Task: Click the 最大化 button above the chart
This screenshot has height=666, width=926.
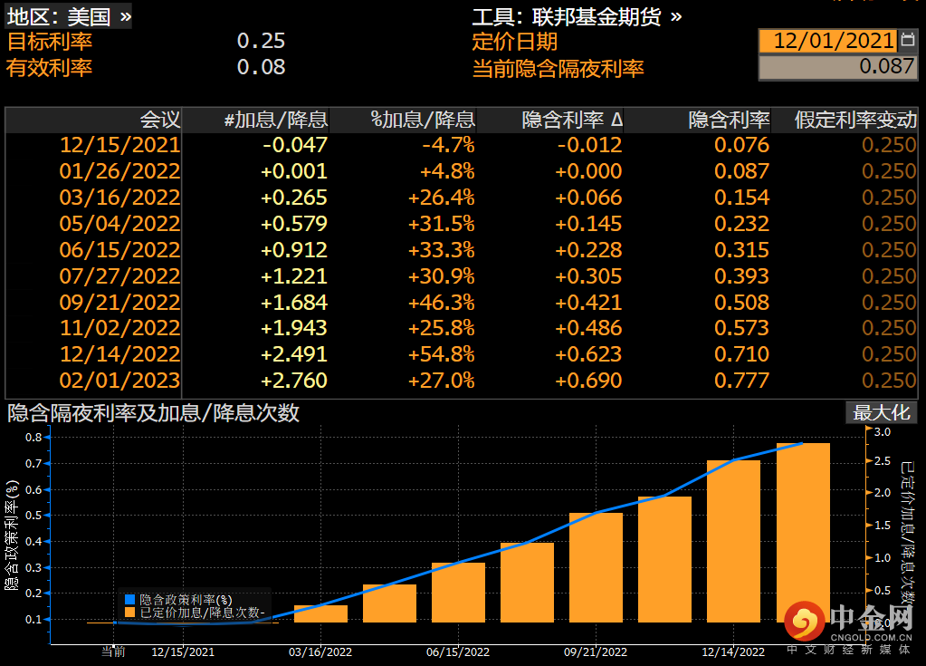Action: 881,412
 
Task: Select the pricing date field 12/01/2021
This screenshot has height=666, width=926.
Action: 828,41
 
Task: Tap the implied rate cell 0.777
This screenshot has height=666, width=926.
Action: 741,381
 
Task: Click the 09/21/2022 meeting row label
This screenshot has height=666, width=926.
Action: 119,302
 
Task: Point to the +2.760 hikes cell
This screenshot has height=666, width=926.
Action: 294,381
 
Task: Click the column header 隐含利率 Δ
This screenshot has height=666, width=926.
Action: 572,120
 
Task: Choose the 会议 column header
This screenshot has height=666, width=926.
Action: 160,120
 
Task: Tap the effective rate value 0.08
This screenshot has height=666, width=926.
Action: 261,67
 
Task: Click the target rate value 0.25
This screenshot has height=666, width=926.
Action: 261,41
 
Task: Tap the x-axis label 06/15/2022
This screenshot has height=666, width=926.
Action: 458,652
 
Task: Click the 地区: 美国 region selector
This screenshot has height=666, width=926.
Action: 69,15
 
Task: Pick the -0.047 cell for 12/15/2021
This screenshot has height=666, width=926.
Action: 294,145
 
